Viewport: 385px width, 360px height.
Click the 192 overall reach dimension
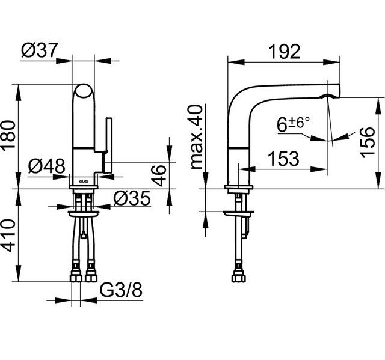click(283, 52)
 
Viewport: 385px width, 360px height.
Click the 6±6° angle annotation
click(294, 124)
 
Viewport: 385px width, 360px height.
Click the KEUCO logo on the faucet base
click(83, 180)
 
